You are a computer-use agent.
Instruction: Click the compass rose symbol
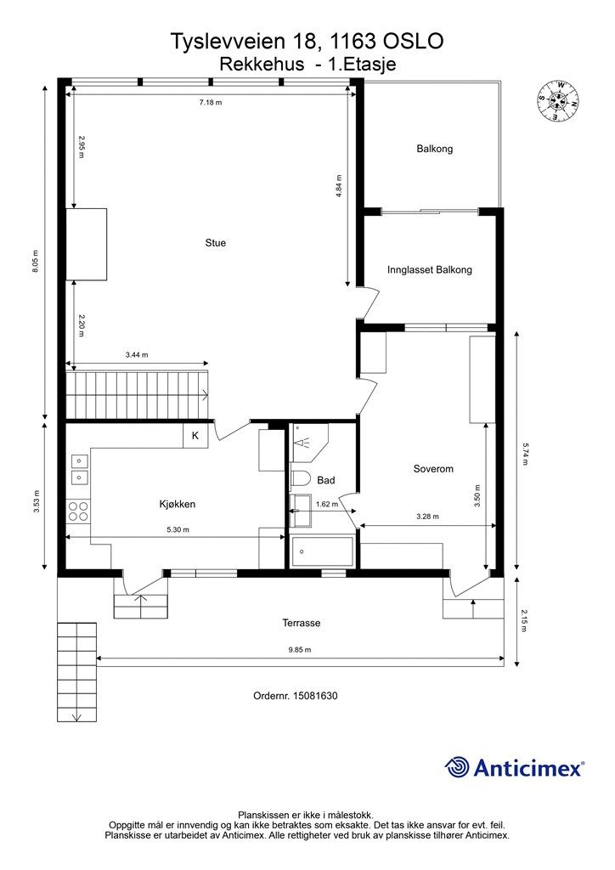(x=558, y=101)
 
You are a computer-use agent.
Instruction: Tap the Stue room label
(x=215, y=242)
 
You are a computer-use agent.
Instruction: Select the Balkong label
(x=435, y=149)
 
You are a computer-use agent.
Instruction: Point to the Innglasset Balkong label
(x=430, y=269)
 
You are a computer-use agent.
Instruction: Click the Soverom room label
(x=433, y=469)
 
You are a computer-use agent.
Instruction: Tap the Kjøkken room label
(x=177, y=504)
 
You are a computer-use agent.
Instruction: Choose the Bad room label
(x=326, y=480)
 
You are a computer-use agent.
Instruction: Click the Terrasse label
(x=301, y=623)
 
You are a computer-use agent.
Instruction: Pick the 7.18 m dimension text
(x=211, y=103)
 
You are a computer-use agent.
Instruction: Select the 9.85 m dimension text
(x=300, y=650)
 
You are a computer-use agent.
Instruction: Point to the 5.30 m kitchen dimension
(x=178, y=530)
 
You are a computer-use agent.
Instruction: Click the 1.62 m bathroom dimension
(x=326, y=505)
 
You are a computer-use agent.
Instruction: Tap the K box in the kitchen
(x=195, y=436)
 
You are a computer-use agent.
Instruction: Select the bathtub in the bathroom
(x=322, y=551)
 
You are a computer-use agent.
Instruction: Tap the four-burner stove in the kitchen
(x=78, y=511)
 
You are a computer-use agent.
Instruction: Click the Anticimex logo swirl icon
(x=457, y=767)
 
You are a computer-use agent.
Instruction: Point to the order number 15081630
(x=295, y=696)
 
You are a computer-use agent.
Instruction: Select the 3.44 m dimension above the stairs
(x=137, y=354)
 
